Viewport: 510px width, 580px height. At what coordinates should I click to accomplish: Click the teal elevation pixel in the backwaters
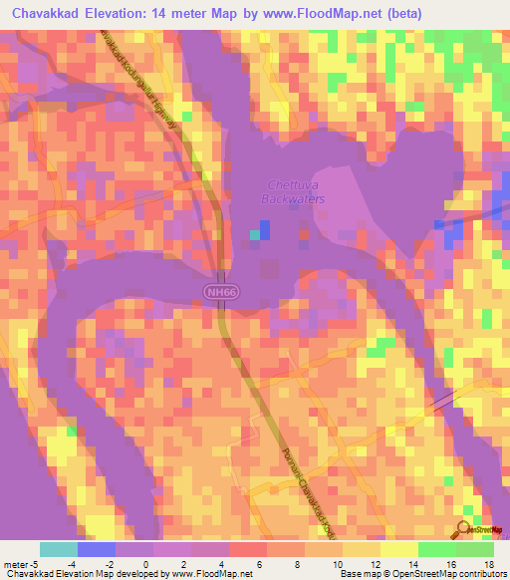point(256,235)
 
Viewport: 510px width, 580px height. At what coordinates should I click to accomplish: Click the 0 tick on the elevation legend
point(170,563)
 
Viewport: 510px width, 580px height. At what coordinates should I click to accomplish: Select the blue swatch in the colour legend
point(96,549)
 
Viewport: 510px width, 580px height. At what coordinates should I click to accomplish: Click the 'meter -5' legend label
point(22,563)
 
